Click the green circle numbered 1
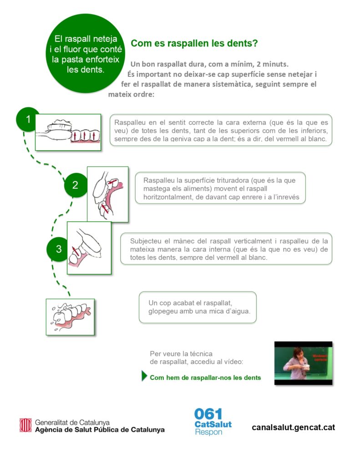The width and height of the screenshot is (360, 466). (x=28, y=120)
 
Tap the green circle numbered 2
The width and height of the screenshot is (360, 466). (x=75, y=185)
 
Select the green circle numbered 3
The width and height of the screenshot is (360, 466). (x=59, y=249)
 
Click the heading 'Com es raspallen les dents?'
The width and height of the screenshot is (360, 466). (x=195, y=44)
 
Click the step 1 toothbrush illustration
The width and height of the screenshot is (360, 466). (x=68, y=132)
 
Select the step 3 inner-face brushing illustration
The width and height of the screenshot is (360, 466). (x=89, y=248)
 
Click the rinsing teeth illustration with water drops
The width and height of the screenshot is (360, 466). (x=70, y=317)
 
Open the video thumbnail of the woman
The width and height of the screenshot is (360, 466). (x=303, y=363)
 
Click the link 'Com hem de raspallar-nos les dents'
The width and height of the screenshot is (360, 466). (x=205, y=378)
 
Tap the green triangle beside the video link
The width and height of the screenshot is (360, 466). (x=145, y=376)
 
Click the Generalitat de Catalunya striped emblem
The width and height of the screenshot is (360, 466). (x=25, y=425)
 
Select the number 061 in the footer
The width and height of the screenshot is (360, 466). (x=208, y=414)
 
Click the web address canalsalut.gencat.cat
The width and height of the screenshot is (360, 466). (x=293, y=427)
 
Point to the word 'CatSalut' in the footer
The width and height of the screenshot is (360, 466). (x=213, y=424)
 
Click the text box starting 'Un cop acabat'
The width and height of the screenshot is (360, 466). (x=198, y=308)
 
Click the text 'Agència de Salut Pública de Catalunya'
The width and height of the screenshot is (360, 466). (x=100, y=430)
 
